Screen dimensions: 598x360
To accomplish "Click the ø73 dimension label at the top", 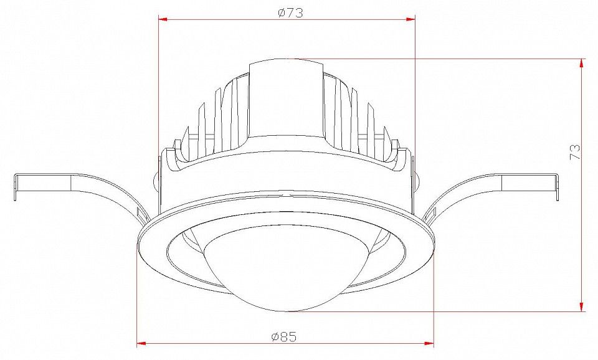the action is point(290,13).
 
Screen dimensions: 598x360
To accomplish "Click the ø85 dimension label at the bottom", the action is point(284,337).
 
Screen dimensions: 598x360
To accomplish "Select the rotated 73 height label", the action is point(575,151).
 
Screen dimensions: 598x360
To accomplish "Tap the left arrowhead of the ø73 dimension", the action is point(163,19).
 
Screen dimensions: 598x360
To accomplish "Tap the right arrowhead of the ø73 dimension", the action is point(411,19).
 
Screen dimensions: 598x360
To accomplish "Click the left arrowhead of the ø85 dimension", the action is point(141,344).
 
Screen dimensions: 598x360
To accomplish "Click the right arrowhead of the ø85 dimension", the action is point(429,344).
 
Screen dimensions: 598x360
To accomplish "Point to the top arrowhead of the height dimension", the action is point(582,64).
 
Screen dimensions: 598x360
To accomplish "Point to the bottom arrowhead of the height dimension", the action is point(582,306).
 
